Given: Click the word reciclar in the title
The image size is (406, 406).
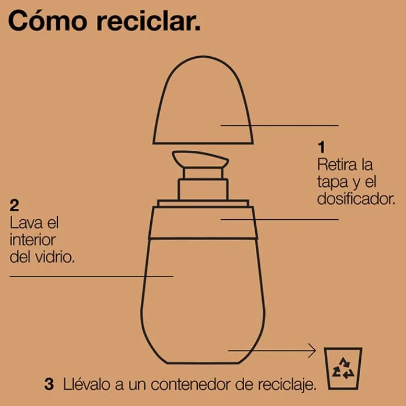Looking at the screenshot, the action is (x=148, y=21).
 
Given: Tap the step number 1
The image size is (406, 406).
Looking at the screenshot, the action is (x=321, y=147).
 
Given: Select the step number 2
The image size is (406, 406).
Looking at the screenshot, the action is (x=14, y=205).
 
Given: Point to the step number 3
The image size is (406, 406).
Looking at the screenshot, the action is (x=49, y=384).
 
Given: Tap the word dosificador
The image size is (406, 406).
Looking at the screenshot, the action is (x=356, y=198).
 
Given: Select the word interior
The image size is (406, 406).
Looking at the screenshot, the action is (x=32, y=240).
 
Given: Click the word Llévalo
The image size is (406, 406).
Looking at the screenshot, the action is (x=87, y=384).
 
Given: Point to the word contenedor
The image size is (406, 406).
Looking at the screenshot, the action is (x=190, y=385).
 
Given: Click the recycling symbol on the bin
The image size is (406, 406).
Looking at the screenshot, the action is (x=343, y=368).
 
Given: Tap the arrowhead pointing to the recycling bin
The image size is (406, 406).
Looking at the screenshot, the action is (x=313, y=350).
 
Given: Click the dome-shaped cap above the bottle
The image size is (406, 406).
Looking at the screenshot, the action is (x=203, y=100).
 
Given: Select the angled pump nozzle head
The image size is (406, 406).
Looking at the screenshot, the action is (x=201, y=159).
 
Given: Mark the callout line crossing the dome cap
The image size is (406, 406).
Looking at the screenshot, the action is (x=280, y=126).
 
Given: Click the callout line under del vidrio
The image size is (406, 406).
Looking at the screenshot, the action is (x=92, y=277).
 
